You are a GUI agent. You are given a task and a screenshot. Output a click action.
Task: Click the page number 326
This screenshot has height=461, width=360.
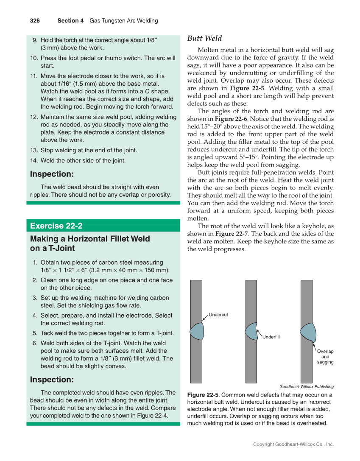pos(35,20)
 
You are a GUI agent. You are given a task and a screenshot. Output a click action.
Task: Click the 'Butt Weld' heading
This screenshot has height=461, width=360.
pos(204,39)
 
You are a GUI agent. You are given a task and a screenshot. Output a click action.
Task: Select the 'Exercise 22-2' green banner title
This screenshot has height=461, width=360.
pos(56,226)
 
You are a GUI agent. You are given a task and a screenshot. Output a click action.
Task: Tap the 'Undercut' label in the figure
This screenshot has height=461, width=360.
pos(218,315)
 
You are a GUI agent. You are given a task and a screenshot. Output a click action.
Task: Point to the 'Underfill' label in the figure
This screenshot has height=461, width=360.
pos(271,337)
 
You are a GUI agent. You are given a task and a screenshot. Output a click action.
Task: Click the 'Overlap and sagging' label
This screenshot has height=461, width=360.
pos(325,357)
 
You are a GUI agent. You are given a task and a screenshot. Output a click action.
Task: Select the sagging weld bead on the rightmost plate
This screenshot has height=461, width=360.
pos(309,332)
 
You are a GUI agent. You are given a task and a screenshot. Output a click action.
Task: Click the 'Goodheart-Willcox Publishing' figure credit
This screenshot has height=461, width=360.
pos(306,386)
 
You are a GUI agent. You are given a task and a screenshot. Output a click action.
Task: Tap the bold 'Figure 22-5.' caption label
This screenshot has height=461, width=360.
pos(203,395)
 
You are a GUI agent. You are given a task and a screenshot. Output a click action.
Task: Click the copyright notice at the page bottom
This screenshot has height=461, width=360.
pos(293,444)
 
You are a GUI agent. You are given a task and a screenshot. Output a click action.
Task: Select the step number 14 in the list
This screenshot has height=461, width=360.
pos(34,161)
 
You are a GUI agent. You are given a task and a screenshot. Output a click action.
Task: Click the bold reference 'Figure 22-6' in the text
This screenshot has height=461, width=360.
pos(231,119)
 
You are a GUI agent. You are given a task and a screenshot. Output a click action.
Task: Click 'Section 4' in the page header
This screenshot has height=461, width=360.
pos(70,20)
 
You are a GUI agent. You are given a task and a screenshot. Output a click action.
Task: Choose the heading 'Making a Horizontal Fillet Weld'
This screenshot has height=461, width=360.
pos(90,239)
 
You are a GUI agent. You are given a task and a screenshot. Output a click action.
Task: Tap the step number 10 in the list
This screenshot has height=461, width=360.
pos(34,58)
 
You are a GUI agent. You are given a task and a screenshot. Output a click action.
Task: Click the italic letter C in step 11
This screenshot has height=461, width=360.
pos(147,91)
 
